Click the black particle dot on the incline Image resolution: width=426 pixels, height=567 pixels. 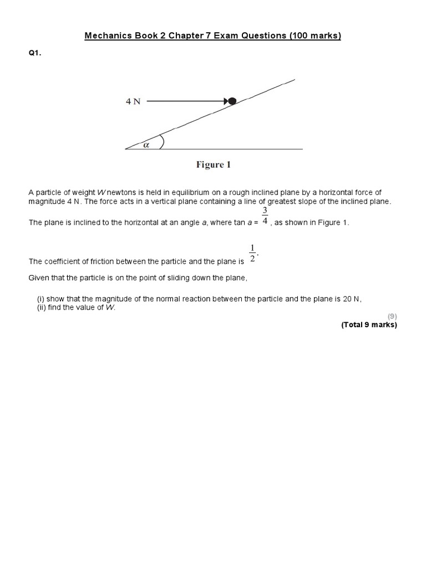click(232, 101)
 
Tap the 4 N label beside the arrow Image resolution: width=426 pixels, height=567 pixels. click(133, 102)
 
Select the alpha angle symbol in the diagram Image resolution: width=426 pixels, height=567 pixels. click(147, 145)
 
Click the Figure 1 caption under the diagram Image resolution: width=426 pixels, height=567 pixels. click(213, 164)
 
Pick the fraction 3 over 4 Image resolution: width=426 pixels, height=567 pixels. click(265, 215)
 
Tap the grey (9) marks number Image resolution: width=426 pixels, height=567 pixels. click(392, 316)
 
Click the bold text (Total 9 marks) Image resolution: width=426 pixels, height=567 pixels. click(369, 325)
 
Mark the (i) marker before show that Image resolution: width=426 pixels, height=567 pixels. click(40, 299)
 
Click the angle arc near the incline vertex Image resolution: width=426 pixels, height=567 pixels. click(161, 142)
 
